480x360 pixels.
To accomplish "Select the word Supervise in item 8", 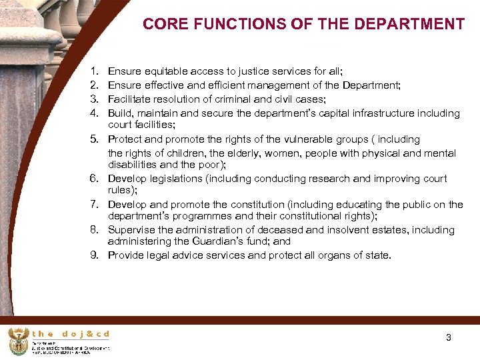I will click(x=131, y=230).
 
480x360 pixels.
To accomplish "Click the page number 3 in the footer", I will click(x=449, y=337).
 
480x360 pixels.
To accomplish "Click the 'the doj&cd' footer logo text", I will click(x=71, y=334).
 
